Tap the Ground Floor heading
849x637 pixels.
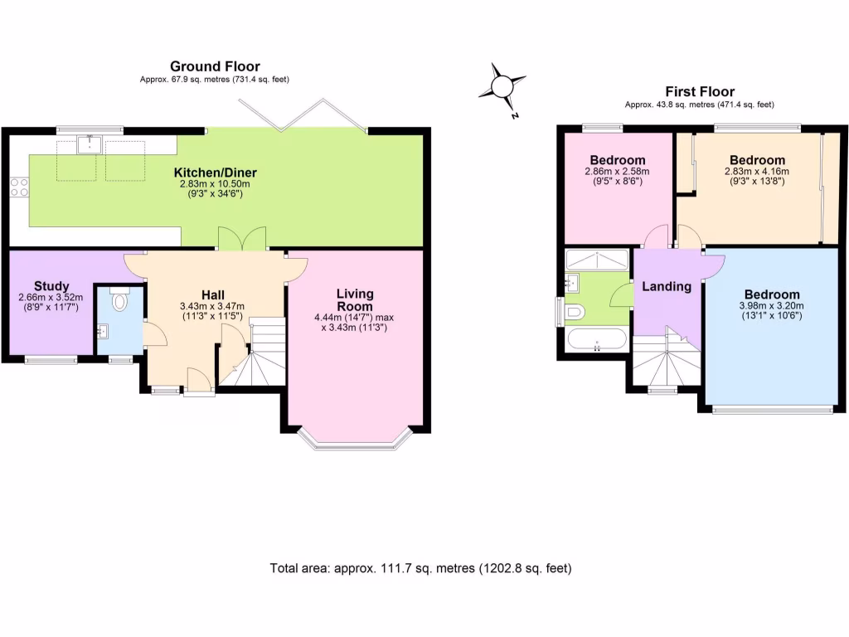pyautogui.click(x=215, y=66)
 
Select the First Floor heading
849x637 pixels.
pyautogui.click(x=700, y=92)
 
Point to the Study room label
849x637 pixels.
pyautogui.click(x=51, y=287)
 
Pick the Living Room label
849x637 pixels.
pyautogui.click(x=355, y=299)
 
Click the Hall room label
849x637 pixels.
pyautogui.click(x=213, y=294)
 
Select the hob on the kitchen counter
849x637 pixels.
pyautogui.click(x=18, y=188)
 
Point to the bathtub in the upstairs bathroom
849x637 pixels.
pyautogui.click(x=597, y=340)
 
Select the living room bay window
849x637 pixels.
pyautogui.click(x=355, y=440)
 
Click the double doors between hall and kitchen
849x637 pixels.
pyautogui.click(x=242, y=239)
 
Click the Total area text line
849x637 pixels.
pyautogui.click(x=420, y=569)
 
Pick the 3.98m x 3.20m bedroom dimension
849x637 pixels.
pyautogui.click(x=772, y=305)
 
